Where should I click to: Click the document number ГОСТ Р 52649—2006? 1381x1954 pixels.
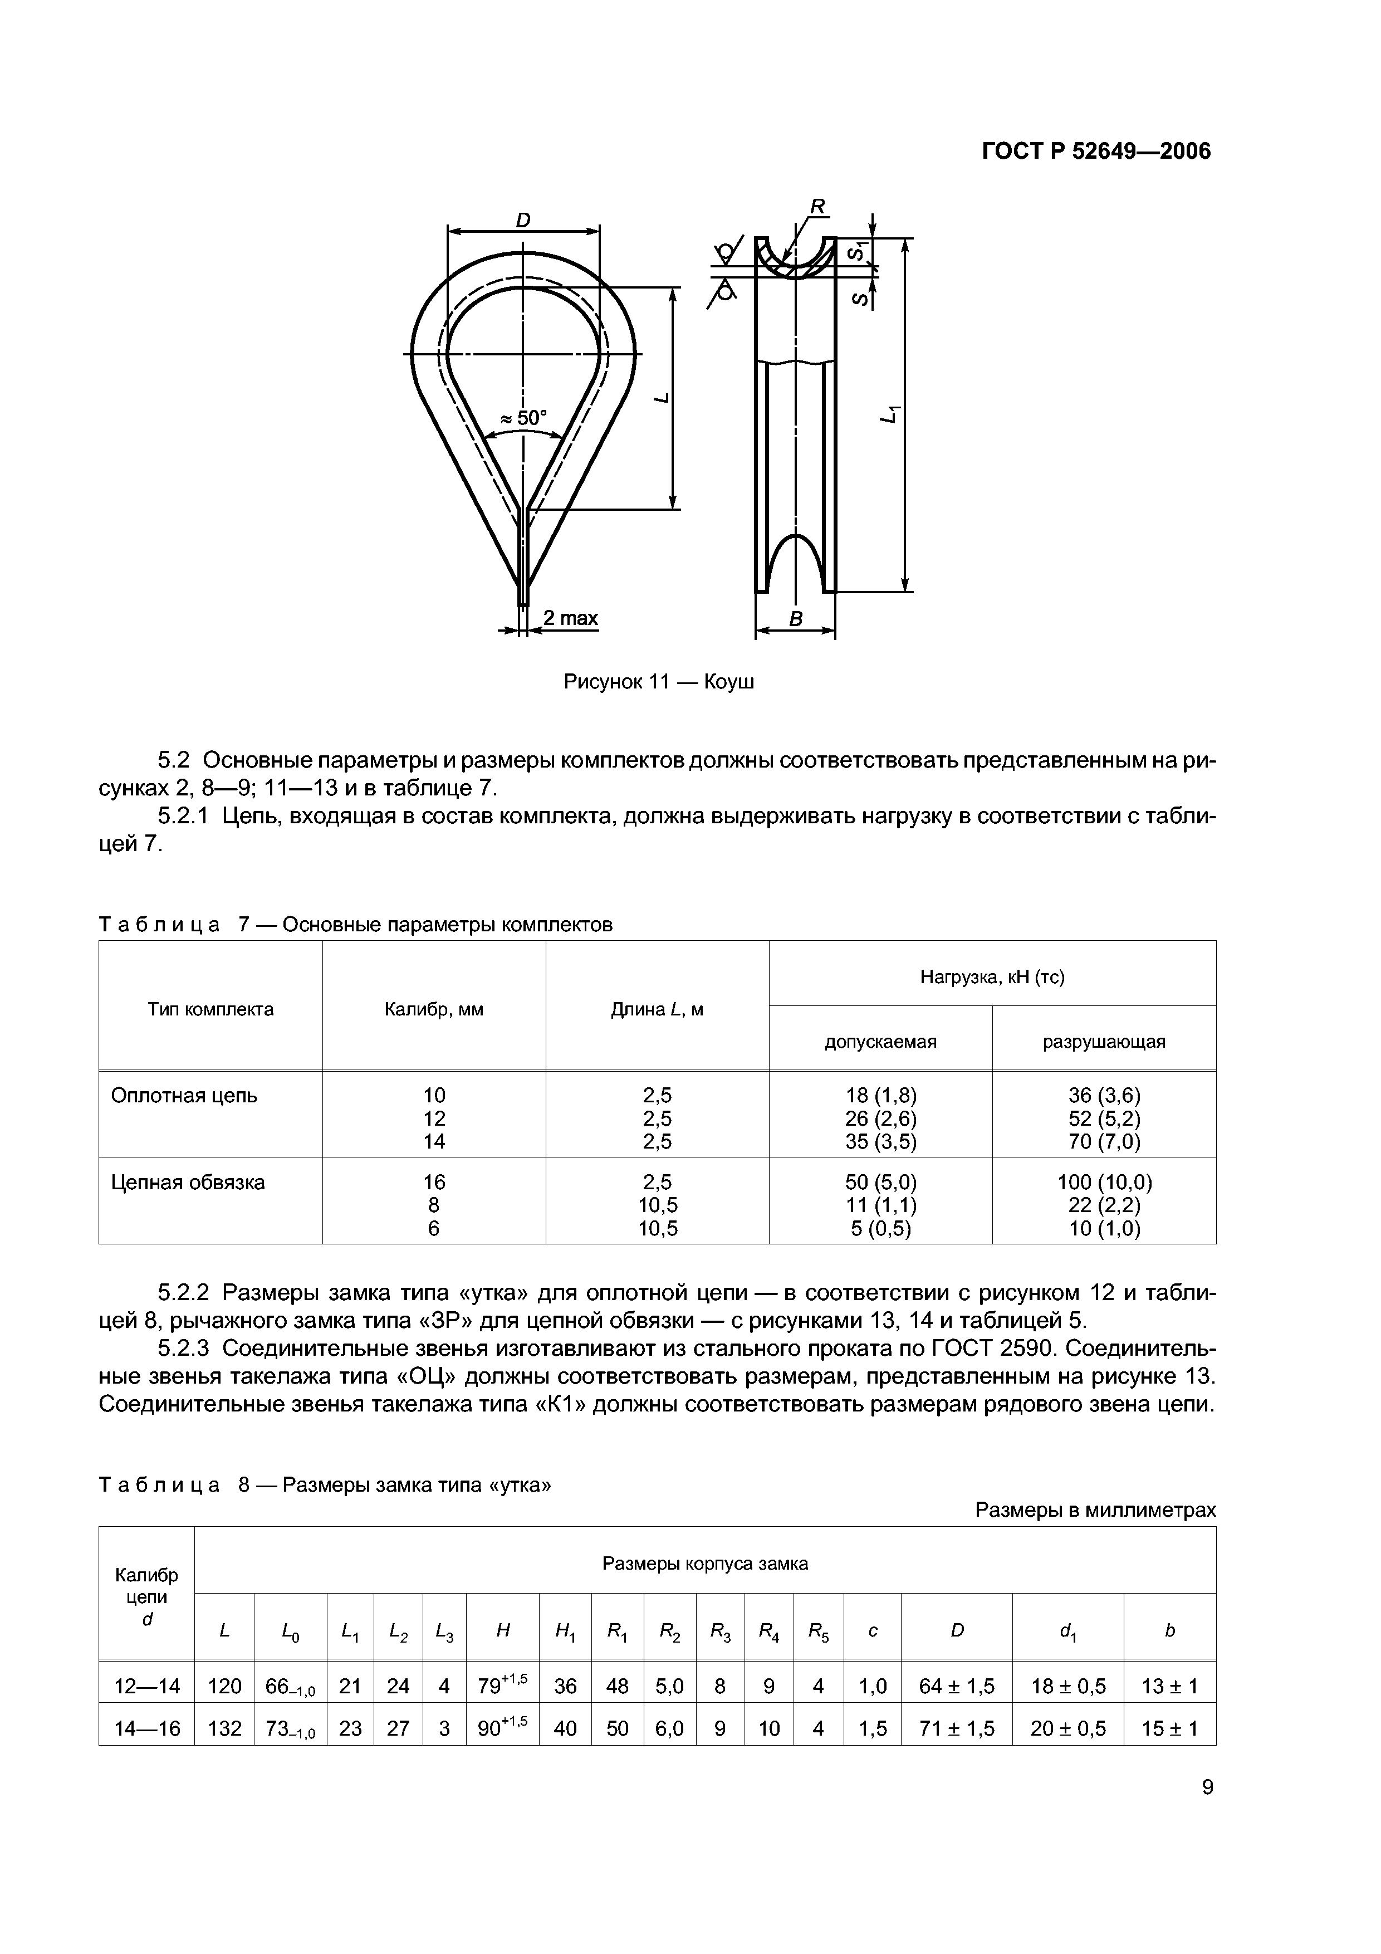(1096, 152)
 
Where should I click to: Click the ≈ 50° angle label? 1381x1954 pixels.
(523, 418)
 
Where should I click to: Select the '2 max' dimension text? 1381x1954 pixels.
(570, 618)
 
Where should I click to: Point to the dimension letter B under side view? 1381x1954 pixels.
(796, 619)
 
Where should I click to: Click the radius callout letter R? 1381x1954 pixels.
(817, 207)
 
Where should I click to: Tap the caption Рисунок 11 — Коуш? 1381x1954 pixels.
(659, 682)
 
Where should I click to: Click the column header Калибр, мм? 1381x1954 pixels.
(434, 1009)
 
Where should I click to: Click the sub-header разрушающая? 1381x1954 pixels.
(1104, 1042)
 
